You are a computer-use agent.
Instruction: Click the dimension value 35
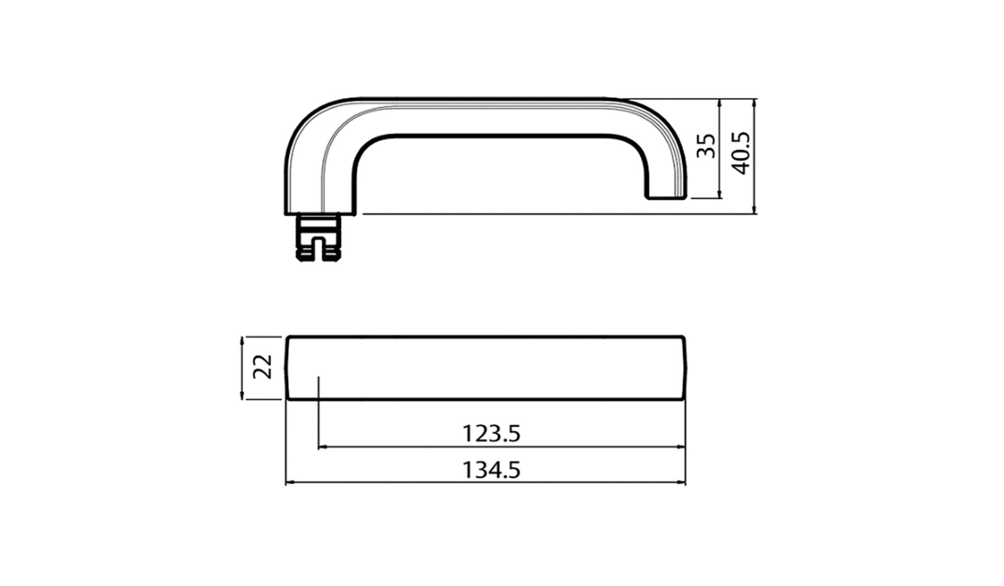(707, 146)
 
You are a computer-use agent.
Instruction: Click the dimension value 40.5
(742, 153)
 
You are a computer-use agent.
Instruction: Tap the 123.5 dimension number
(492, 433)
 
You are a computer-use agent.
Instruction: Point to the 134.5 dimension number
(492, 470)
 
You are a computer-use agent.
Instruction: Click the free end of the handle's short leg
(666, 197)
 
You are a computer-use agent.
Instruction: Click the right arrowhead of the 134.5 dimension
(681, 482)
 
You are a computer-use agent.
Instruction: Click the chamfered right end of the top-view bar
(684, 367)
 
